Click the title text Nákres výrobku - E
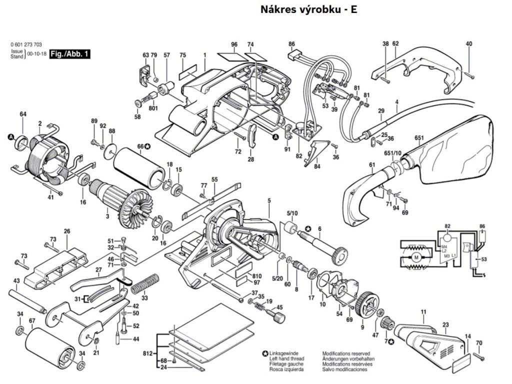click(x=308, y=9)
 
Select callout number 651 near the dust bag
click(x=419, y=138)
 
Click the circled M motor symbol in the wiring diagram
click(x=414, y=257)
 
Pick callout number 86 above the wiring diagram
click(x=482, y=226)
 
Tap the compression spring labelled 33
click(x=146, y=283)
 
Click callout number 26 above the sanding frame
click(x=66, y=231)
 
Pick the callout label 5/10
click(x=292, y=213)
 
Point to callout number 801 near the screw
click(x=153, y=107)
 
